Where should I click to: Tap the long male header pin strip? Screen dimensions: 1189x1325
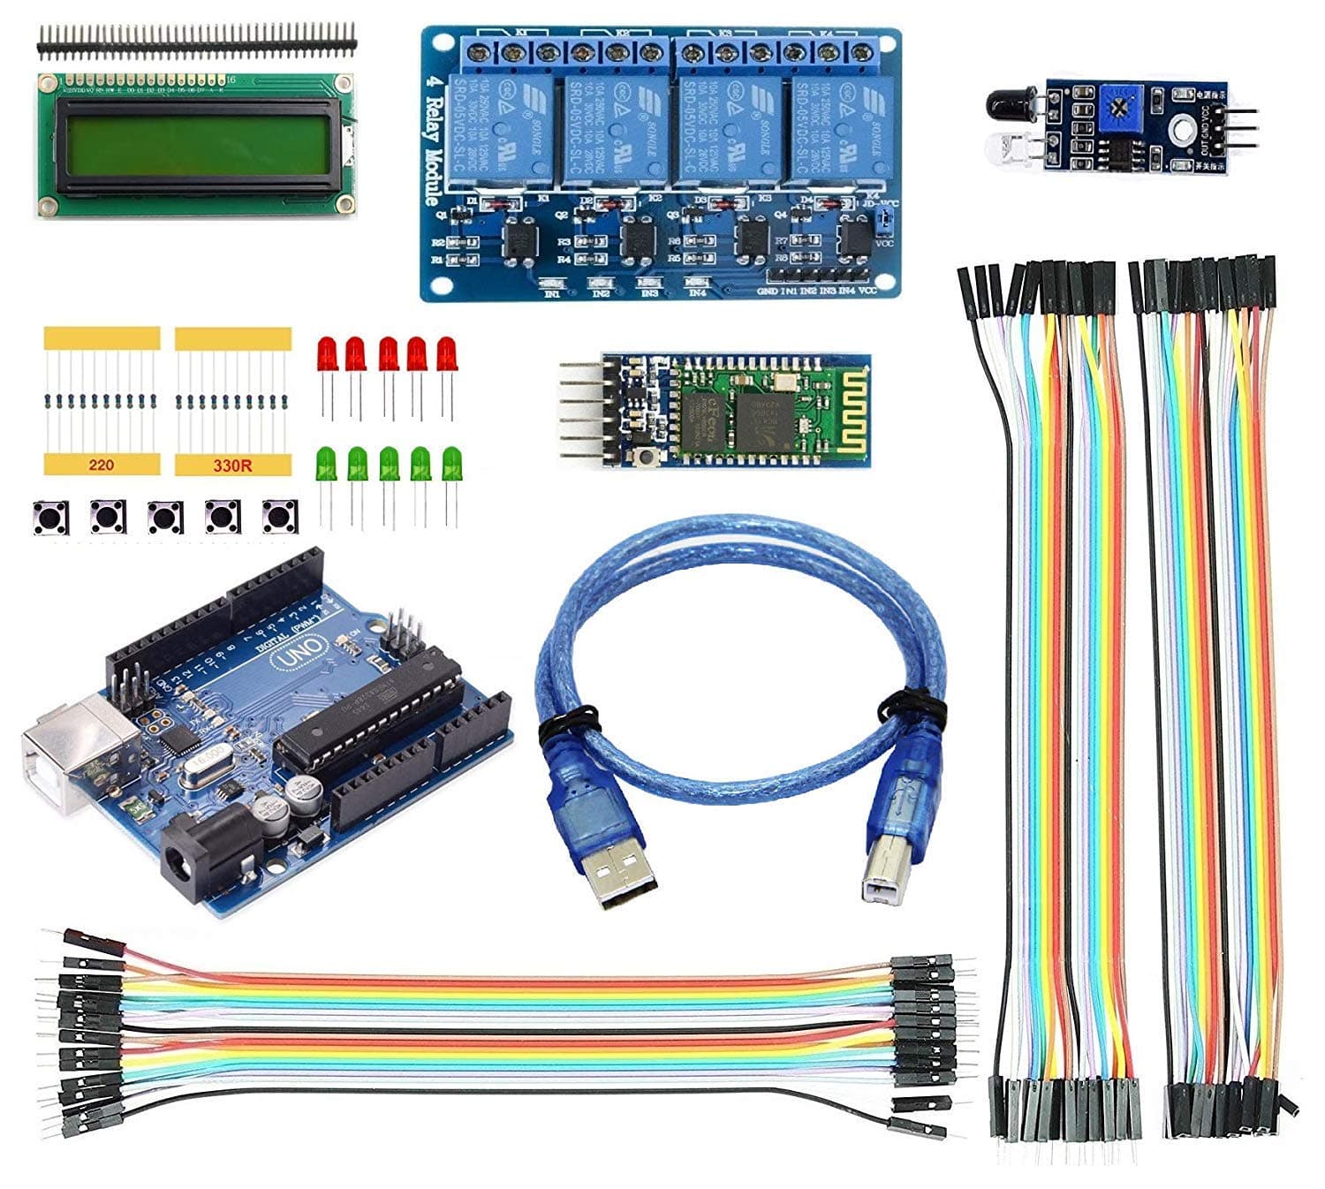point(196,40)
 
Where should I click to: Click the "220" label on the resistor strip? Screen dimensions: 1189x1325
point(101,465)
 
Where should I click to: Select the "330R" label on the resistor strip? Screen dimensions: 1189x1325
point(232,465)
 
